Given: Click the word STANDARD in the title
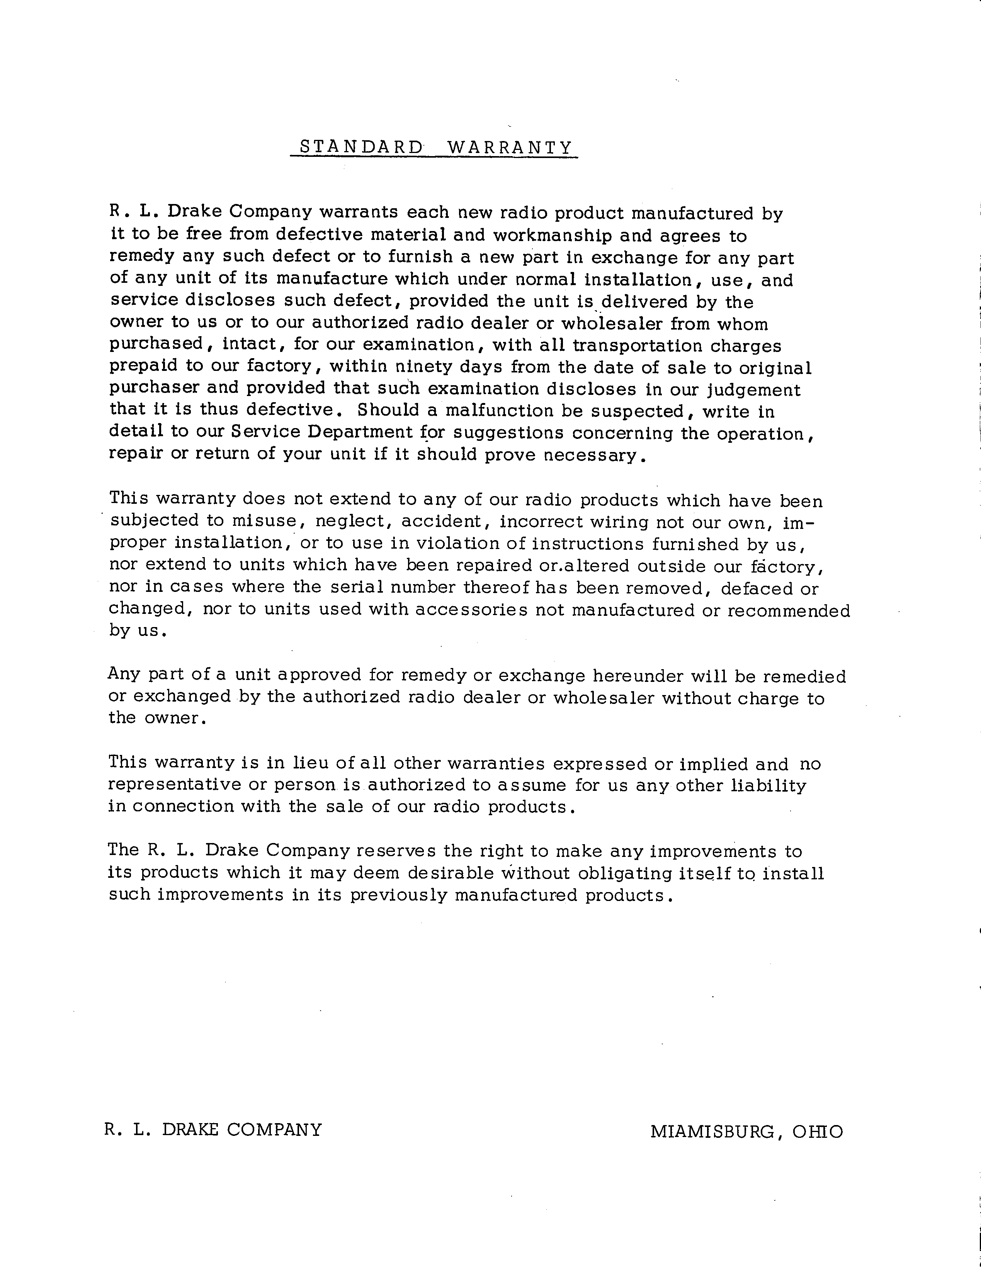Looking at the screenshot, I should click(360, 147).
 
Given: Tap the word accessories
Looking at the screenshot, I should click(471, 610).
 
